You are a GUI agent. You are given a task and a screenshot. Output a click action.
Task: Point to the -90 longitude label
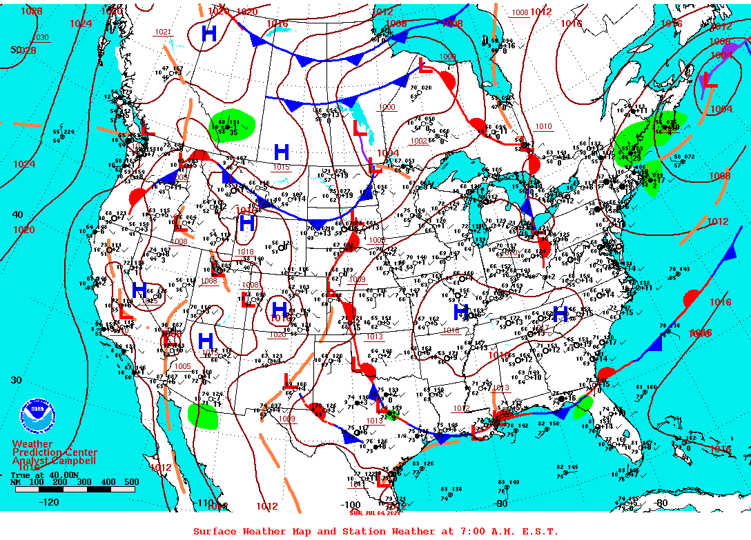pos(502,503)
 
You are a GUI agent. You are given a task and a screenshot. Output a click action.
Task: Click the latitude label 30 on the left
pos(17,380)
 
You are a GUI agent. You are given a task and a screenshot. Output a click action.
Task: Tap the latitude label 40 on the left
pos(17,214)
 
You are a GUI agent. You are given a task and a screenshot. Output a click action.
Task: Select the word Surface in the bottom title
pos(215,531)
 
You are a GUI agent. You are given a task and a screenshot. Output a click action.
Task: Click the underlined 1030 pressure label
pos(41,37)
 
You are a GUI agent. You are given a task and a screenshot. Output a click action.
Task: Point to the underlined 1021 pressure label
pos(163,32)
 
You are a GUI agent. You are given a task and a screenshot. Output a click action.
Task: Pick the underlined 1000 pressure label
pos(387,107)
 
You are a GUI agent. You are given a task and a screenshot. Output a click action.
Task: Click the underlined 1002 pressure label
pos(418,141)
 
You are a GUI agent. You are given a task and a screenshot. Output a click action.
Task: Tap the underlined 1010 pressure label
pos(543,126)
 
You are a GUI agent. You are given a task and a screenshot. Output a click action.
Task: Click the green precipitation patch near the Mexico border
pos(202,416)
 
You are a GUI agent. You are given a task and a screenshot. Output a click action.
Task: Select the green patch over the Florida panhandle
pos(583,406)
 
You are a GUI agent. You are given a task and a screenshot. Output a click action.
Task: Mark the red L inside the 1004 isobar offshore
pos(710,82)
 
